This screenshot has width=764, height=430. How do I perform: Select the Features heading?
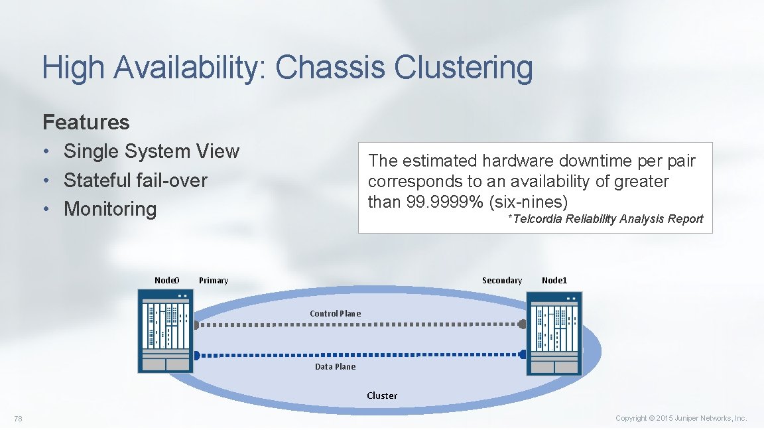coord(86,122)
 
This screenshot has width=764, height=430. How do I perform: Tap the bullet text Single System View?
coord(151,151)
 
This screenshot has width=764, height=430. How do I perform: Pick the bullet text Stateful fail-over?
coord(135,180)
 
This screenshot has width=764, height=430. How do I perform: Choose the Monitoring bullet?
coord(110,209)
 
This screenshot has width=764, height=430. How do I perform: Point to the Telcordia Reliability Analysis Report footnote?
coord(605,219)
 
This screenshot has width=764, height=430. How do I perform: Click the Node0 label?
coord(166,280)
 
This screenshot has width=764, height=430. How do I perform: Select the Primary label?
coord(214,280)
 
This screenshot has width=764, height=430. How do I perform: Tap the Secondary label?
coord(502,280)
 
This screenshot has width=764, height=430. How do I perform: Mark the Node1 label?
coord(554,280)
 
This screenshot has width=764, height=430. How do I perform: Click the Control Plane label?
coord(336,313)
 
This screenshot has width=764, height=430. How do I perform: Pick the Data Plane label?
coord(335,366)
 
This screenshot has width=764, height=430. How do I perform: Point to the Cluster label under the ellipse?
coord(382,395)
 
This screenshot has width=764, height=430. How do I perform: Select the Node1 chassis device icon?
coord(554,337)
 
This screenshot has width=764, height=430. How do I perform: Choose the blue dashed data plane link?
coord(358,354)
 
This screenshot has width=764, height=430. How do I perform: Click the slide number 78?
coord(19,418)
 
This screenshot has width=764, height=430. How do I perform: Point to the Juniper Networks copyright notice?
coord(681,418)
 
